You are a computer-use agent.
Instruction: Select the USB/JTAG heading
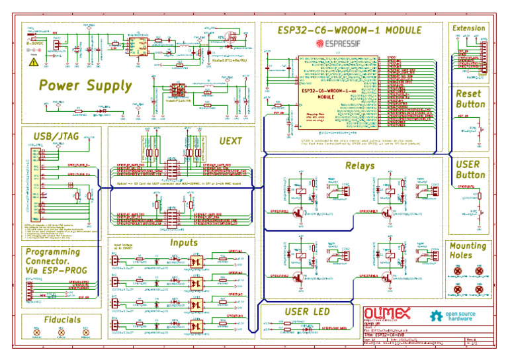56,136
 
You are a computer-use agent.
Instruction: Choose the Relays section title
359,165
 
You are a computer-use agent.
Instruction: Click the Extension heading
468,28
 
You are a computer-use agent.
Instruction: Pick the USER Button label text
470,169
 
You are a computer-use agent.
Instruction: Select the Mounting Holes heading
468,250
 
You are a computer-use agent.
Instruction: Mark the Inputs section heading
184,243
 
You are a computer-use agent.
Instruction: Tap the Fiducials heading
62,320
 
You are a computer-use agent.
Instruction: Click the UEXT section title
231,141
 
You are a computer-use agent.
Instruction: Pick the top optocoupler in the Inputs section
196,260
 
